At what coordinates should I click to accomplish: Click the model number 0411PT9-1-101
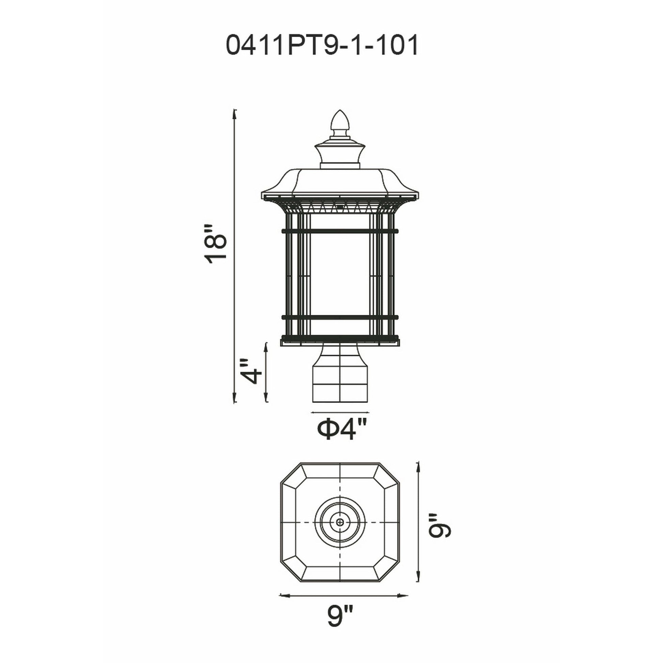[322, 46]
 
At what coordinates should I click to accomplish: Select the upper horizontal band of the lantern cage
[340, 231]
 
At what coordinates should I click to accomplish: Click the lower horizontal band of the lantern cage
[340, 318]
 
